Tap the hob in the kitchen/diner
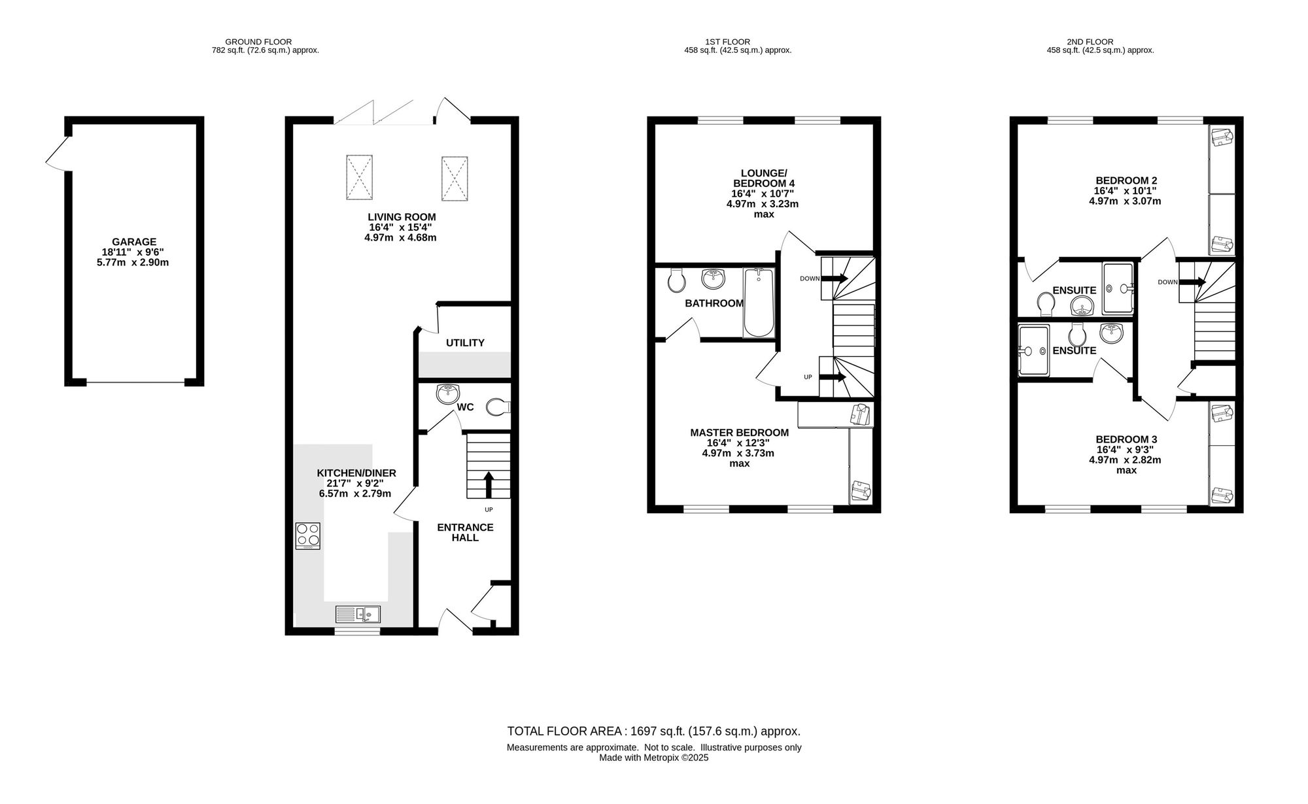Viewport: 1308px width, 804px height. [308, 536]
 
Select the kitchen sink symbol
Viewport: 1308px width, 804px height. [358, 614]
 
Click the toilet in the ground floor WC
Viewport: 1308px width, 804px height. [498, 407]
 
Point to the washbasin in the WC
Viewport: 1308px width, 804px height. [449, 392]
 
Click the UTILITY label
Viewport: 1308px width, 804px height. [465, 343]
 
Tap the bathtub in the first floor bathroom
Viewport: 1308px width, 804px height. [759, 303]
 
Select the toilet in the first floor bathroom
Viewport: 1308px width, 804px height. [677, 280]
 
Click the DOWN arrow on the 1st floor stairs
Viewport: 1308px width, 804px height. [835, 278]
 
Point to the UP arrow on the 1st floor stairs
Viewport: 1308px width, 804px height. [833, 377]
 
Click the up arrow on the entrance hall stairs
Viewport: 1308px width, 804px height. [488, 485]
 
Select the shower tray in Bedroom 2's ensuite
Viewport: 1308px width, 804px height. [1120, 288]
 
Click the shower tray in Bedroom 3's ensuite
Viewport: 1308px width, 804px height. [1034, 351]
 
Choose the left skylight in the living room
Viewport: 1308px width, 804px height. [359, 177]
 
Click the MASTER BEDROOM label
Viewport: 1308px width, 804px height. [740, 433]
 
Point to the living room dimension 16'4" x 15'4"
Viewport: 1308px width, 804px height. [400, 227]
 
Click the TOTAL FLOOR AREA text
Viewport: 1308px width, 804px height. [654, 731]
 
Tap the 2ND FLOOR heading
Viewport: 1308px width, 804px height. [1100, 42]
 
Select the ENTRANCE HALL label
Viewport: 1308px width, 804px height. [465, 532]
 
